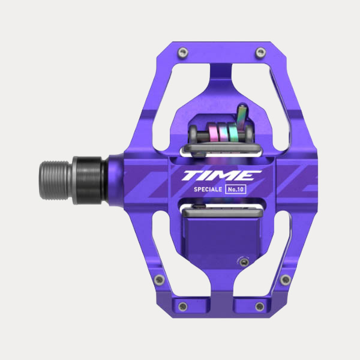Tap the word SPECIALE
pos(206,190)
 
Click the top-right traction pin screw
pos(258,53)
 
